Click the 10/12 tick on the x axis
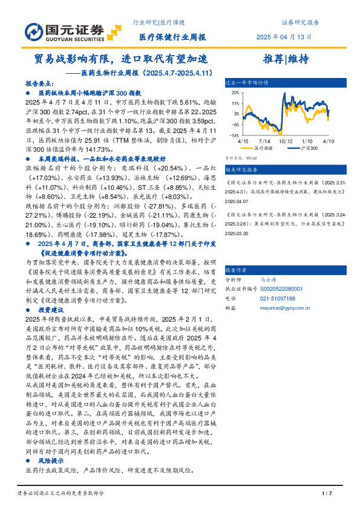[x=286, y=140]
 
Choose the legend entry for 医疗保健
[x=263, y=148]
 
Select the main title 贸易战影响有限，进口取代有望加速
[x=120, y=60]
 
